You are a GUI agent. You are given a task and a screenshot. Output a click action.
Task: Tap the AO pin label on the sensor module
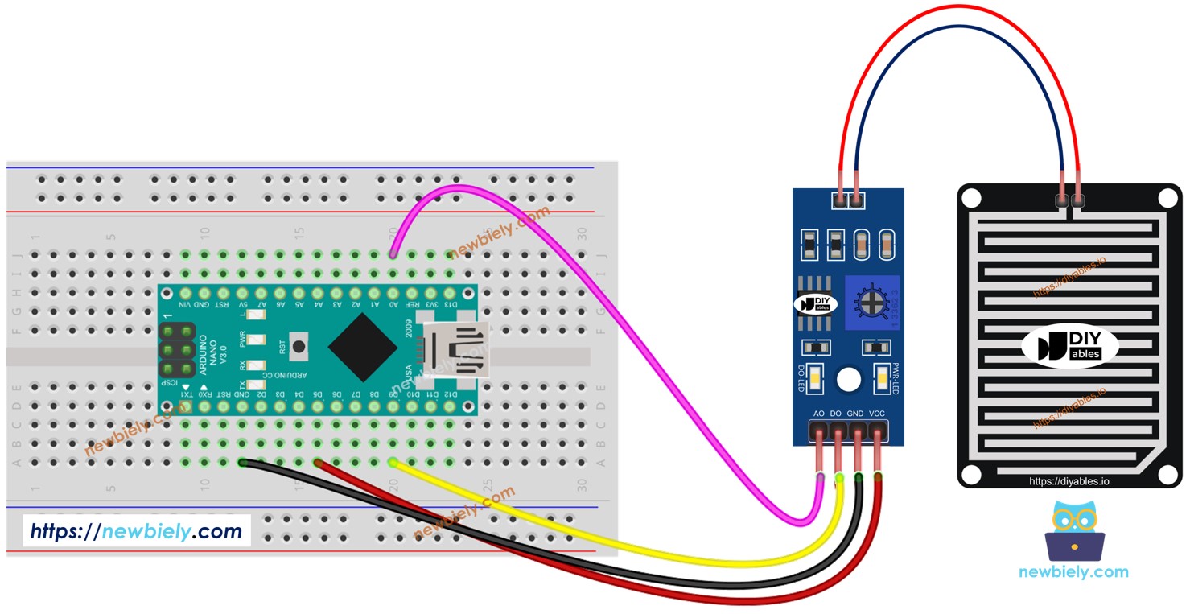tap(819, 414)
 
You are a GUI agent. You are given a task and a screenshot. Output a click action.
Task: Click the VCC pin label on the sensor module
tap(877, 414)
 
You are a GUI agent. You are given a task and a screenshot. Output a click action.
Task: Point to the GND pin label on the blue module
tap(856, 414)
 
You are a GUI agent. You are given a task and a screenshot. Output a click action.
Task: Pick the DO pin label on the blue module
tap(838, 414)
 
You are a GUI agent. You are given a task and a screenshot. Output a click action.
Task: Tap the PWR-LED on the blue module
tap(882, 377)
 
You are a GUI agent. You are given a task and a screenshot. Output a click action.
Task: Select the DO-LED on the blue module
tap(815, 377)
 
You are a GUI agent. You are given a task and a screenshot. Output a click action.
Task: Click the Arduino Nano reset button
tap(299, 348)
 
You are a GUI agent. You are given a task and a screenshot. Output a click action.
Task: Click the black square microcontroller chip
tap(362, 348)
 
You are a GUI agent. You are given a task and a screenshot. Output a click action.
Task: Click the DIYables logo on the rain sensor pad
tap(1069, 348)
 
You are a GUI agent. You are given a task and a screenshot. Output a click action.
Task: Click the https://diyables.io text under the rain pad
tap(1069, 481)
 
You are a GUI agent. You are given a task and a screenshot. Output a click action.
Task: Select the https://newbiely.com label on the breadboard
tap(136, 531)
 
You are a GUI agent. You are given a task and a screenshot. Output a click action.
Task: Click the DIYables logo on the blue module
tap(816, 304)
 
